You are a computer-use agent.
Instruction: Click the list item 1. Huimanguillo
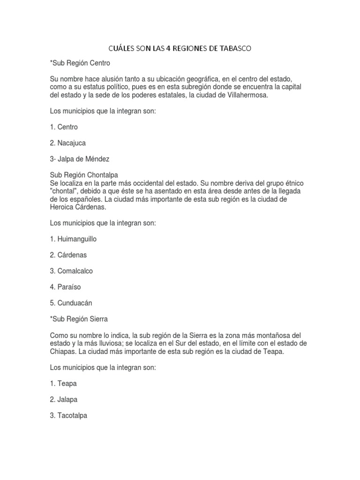coord(73,239)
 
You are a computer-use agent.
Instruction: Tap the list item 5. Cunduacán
coord(71,303)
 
